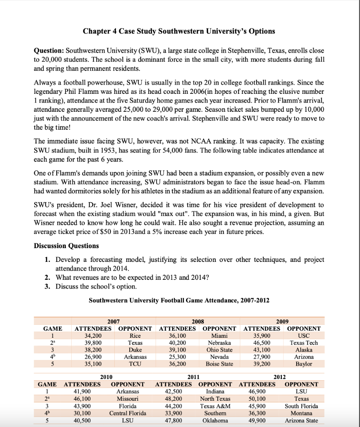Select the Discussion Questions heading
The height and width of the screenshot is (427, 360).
point(66,246)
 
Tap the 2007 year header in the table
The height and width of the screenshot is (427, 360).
point(113,322)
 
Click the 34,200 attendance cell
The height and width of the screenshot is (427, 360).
point(93,336)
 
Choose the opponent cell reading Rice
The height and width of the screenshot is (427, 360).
point(135,336)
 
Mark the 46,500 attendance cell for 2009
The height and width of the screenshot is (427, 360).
point(262,343)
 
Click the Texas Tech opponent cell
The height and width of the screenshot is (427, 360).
point(304,343)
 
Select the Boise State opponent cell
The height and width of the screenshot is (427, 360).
point(219,364)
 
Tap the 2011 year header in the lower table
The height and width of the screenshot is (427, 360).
point(193,377)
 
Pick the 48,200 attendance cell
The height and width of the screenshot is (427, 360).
point(174,399)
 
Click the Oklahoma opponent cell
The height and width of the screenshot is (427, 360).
point(215,420)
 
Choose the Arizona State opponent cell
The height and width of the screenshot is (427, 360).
point(301,420)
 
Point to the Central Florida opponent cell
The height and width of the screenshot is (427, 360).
point(128,413)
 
